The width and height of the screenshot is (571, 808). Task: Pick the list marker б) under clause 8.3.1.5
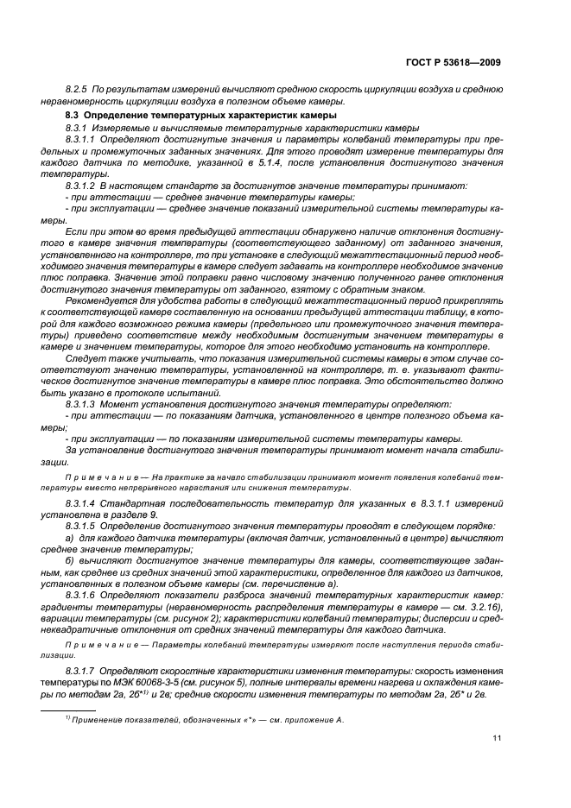click(x=71, y=561)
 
